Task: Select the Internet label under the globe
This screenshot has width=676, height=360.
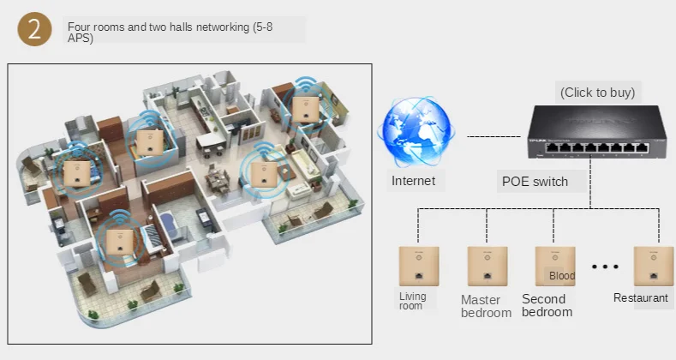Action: click(413, 181)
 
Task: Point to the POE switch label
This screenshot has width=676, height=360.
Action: click(533, 182)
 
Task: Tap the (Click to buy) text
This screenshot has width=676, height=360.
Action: click(597, 93)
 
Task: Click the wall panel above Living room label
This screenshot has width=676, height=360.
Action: click(418, 266)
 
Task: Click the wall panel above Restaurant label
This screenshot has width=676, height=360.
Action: click(653, 266)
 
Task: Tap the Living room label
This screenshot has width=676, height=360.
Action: click(412, 301)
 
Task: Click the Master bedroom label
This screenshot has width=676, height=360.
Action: click(486, 306)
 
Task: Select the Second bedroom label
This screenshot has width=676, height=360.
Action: click(547, 305)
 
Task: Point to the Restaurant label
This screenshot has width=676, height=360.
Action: click(641, 298)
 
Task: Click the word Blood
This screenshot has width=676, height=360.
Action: click(562, 276)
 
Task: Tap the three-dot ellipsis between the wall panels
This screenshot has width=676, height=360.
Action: click(605, 267)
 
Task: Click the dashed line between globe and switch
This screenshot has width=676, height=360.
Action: click(494, 136)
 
